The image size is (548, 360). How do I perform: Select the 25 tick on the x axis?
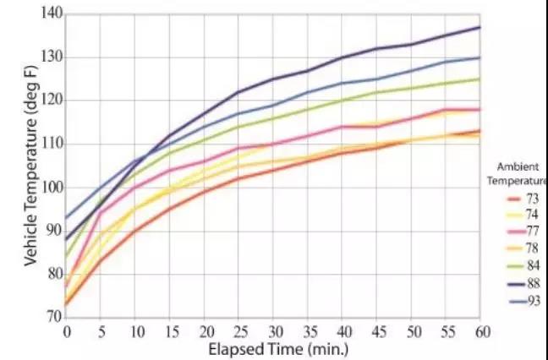point(238,331)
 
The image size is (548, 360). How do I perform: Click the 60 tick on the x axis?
point(480,331)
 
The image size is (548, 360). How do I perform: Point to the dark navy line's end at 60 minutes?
point(479,27)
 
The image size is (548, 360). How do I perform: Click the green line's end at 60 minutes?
point(479,79)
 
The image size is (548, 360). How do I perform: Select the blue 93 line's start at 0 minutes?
point(66,217)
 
